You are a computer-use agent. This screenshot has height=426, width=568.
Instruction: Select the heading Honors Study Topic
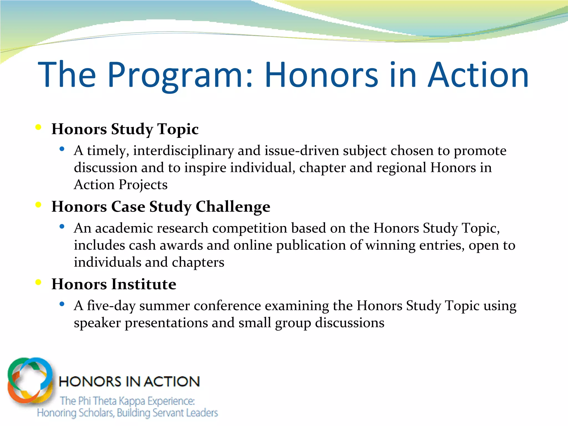pos(125,129)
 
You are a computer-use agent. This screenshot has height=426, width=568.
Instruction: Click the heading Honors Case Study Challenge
pos(161,207)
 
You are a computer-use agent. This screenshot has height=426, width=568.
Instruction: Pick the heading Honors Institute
pos(114,284)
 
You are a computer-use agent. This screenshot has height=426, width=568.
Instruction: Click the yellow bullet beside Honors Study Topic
pos(39,127)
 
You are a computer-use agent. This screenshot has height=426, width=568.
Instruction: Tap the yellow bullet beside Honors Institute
pos(39,282)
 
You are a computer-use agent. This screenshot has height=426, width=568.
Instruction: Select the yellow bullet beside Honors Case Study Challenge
pos(39,205)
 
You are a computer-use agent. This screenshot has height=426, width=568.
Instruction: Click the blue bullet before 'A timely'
pos(62,149)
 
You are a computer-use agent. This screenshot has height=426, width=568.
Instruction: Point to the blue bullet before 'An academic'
pos(62,227)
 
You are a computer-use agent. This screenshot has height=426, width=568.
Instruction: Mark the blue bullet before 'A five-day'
pos(62,304)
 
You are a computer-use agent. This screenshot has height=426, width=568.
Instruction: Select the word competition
pos(250,229)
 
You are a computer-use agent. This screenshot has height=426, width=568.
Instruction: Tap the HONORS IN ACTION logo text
pos(129,382)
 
